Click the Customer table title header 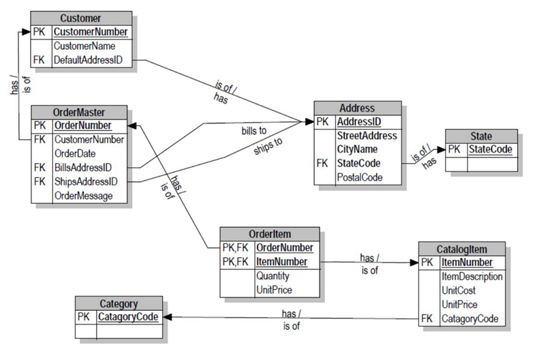(x=80, y=18)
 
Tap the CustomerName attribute (x=84, y=46)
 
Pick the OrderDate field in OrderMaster (x=75, y=153)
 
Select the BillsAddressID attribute (x=82, y=168)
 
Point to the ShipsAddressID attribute (x=85, y=182)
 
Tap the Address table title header (x=356, y=108)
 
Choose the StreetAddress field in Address (x=367, y=136)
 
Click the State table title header (x=481, y=136)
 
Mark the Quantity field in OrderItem (x=273, y=276)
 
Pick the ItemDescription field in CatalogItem (x=472, y=277)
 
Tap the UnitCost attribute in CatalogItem (x=458, y=290)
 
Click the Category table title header (x=119, y=303)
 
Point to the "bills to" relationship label (x=254, y=130)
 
